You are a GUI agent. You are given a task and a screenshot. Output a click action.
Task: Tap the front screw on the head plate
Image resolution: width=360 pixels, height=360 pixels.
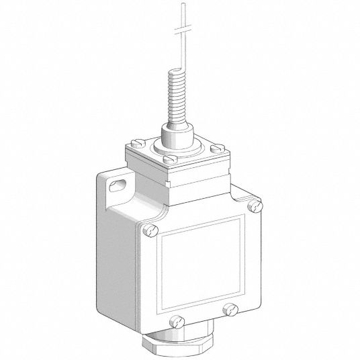click(171, 159)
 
